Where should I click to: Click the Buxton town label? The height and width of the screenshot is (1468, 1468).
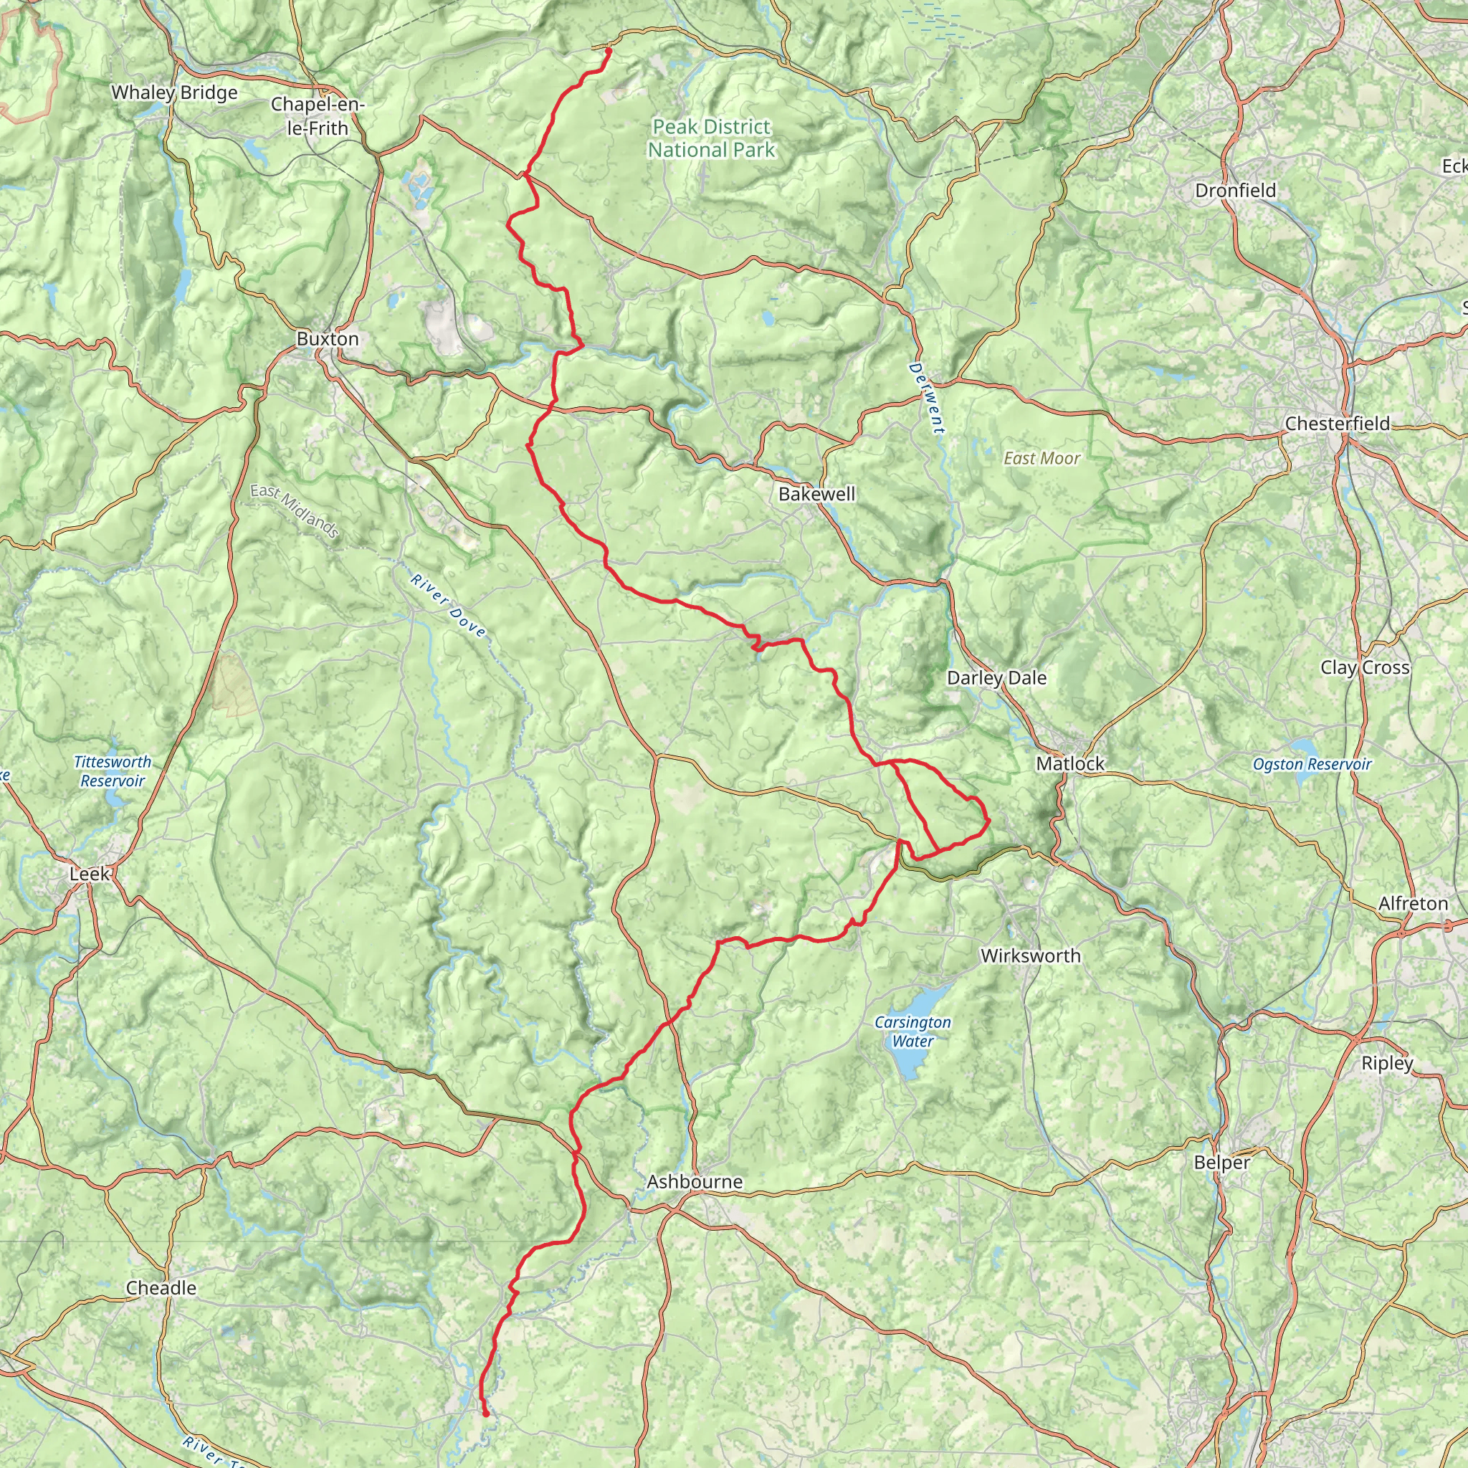pyautogui.click(x=328, y=339)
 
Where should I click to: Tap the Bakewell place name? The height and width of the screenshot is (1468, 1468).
pyautogui.click(x=817, y=494)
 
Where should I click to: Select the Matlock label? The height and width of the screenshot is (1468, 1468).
pyautogui.click(x=1070, y=763)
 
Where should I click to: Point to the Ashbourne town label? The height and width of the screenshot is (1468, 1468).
pyautogui.click(x=695, y=1181)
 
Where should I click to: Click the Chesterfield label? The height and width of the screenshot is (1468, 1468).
pyautogui.click(x=1338, y=423)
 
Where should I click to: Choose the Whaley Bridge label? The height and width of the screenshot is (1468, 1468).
pyautogui.click(x=175, y=92)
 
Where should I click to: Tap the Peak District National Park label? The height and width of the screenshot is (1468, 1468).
pyautogui.click(x=711, y=138)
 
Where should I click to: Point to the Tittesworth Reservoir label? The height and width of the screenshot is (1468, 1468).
pyautogui.click(x=113, y=771)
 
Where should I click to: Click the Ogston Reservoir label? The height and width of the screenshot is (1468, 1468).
pyautogui.click(x=1312, y=764)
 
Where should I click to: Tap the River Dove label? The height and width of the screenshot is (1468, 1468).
pyautogui.click(x=447, y=606)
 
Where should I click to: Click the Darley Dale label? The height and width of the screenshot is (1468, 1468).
pyautogui.click(x=996, y=678)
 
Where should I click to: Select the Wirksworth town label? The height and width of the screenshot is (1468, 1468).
pyautogui.click(x=1030, y=956)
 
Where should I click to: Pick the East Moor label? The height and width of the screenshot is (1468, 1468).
pyautogui.click(x=1042, y=458)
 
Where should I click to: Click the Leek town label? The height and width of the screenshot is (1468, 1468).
pyautogui.click(x=90, y=874)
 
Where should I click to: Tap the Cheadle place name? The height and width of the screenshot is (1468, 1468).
pyautogui.click(x=161, y=1288)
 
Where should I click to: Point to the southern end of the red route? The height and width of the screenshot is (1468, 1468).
pyautogui.click(x=486, y=1414)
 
